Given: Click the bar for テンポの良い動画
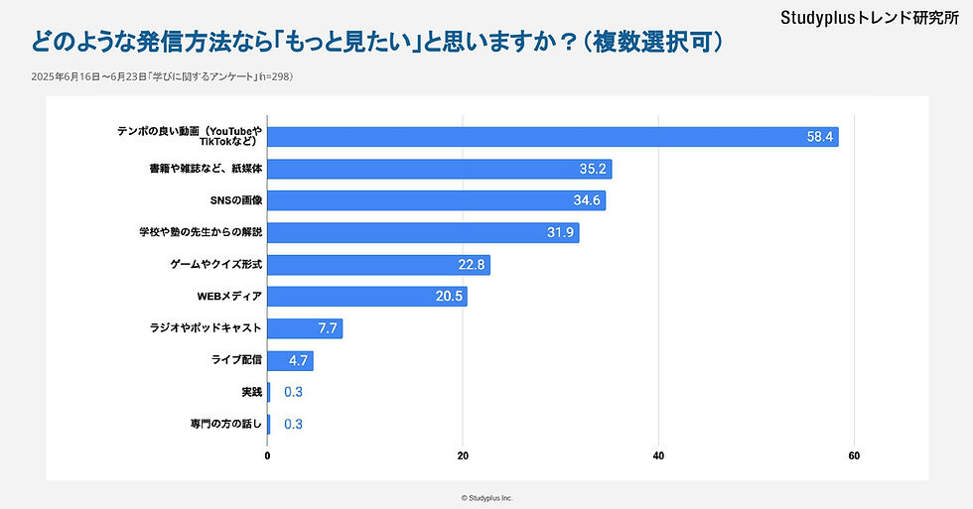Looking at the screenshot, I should pyautogui.click(x=552, y=137).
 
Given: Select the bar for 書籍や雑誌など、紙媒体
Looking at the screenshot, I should pyautogui.click(x=439, y=169).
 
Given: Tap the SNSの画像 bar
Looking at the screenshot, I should pyautogui.click(x=436, y=200).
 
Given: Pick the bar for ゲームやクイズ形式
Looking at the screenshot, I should pyautogui.click(x=378, y=265).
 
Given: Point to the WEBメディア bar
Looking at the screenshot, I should pyautogui.click(x=366, y=297).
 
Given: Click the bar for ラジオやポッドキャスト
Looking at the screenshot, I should pyautogui.click(x=305, y=328).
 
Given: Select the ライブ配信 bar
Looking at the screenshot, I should pyautogui.click(x=290, y=360).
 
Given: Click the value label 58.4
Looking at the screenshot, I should pyautogui.click(x=820, y=137).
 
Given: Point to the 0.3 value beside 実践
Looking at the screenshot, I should pyautogui.click(x=293, y=392).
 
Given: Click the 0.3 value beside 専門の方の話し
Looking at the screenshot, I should pyautogui.click(x=293, y=424).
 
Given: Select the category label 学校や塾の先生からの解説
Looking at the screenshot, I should pyautogui.click(x=201, y=232).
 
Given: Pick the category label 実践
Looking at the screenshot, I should pyautogui.click(x=251, y=392).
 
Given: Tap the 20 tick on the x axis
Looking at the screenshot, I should pyautogui.click(x=463, y=455).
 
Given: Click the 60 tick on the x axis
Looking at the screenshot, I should pyautogui.click(x=854, y=455).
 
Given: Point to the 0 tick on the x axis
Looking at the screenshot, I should pyautogui.click(x=267, y=455).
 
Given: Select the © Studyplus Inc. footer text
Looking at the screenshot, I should pyautogui.click(x=486, y=497).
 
